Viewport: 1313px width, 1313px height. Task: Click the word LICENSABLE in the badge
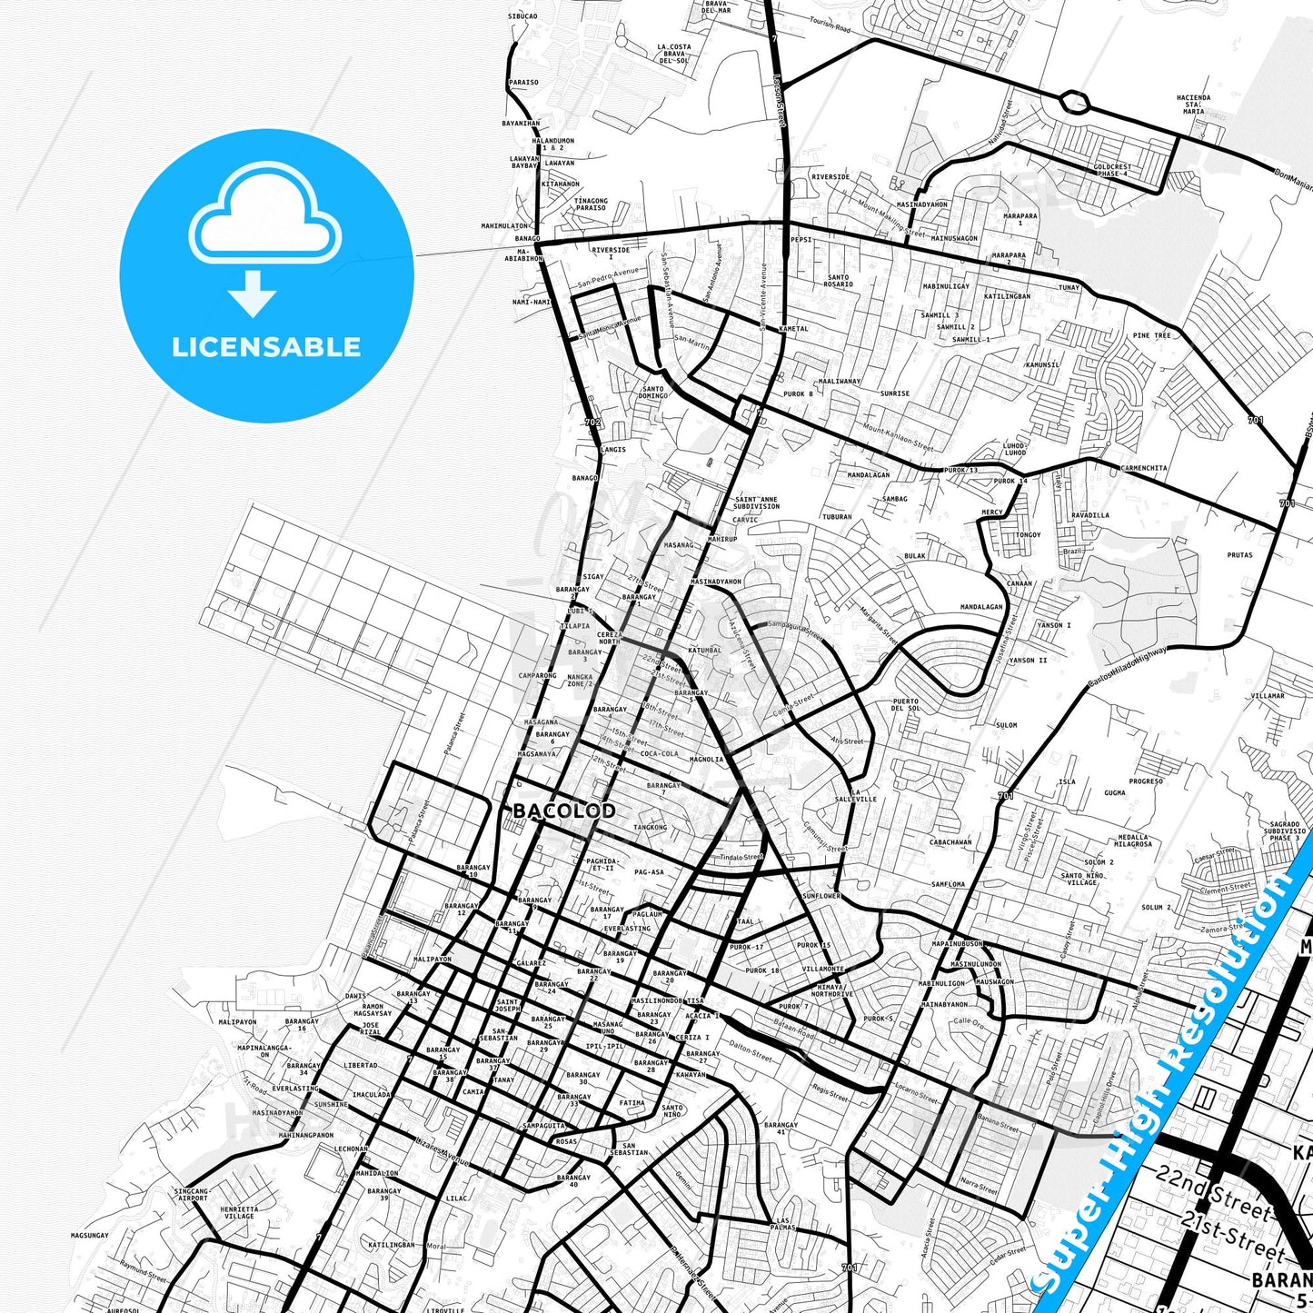pyautogui.click(x=266, y=347)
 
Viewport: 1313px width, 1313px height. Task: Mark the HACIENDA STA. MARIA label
pyautogui.click(x=1193, y=104)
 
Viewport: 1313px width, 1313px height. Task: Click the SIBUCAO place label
pyautogui.click(x=522, y=16)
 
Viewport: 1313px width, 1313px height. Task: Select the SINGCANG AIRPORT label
pyautogui.click(x=192, y=1194)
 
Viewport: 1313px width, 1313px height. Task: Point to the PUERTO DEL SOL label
pyautogui.click(x=905, y=704)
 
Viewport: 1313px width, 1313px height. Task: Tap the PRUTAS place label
pyautogui.click(x=1239, y=555)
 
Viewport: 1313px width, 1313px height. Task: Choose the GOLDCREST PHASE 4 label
pyautogui.click(x=1112, y=170)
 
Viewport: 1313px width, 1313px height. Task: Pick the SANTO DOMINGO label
pyautogui.click(x=652, y=393)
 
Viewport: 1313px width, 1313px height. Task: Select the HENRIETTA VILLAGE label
pyautogui.click(x=238, y=1213)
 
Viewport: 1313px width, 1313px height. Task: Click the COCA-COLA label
pyautogui.click(x=659, y=753)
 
